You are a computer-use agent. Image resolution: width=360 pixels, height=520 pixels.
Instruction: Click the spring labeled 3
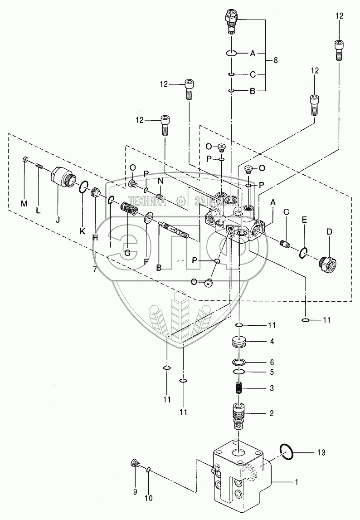click(x=238, y=388)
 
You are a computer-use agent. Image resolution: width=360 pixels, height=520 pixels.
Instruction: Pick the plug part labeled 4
click(x=238, y=342)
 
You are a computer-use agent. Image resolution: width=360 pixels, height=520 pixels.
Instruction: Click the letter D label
click(x=329, y=231)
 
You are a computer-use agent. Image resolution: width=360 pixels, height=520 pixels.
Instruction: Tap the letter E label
click(x=305, y=219)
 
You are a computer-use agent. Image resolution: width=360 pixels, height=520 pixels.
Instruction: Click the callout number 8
click(x=275, y=60)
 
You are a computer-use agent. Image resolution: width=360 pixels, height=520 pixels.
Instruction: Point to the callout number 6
click(x=271, y=363)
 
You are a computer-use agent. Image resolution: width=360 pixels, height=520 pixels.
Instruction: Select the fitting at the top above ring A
click(x=231, y=21)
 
